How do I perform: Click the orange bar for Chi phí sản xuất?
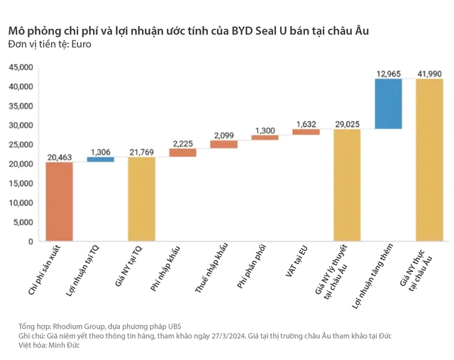point(60,202)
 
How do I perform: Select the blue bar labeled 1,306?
point(101,159)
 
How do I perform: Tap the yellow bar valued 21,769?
point(142,199)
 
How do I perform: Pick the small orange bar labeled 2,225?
point(183,152)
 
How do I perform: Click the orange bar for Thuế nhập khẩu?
point(224,144)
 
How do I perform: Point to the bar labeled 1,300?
point(265,137)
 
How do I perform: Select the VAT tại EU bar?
point(306,131)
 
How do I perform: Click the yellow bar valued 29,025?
point(348,185)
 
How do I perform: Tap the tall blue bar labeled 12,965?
point(389,104)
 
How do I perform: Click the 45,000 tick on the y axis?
point(21,67)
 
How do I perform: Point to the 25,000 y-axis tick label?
point(21,145)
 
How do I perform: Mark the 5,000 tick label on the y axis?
point(23,222)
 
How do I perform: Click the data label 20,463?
point(60,156)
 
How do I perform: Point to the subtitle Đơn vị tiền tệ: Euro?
point(50,45)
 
